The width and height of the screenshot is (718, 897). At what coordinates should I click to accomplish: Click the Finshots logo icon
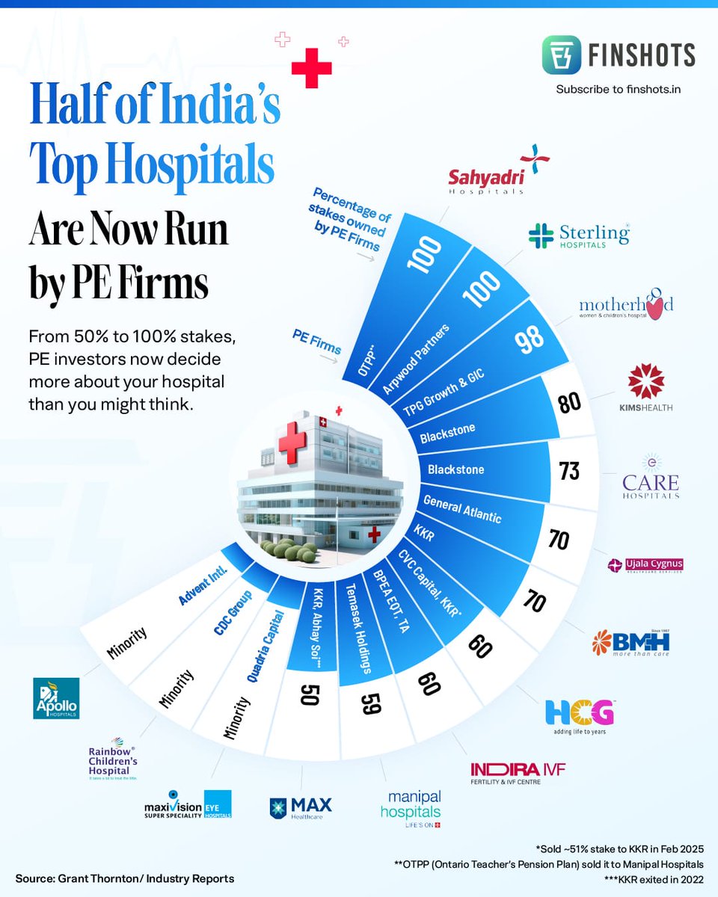[x=583, y=56]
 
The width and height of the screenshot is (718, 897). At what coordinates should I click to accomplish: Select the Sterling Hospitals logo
[x=578, y=235]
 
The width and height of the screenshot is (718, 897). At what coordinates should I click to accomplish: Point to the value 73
[x=570, y=471]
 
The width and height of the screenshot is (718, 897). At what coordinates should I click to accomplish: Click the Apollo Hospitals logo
[x=56, y=697]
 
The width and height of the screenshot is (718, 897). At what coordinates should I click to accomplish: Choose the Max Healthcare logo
[x=300, y=808]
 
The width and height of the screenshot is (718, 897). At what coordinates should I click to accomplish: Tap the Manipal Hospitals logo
[x=411, y=808]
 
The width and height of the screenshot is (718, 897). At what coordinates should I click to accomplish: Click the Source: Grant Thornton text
[x=124, y=878]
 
